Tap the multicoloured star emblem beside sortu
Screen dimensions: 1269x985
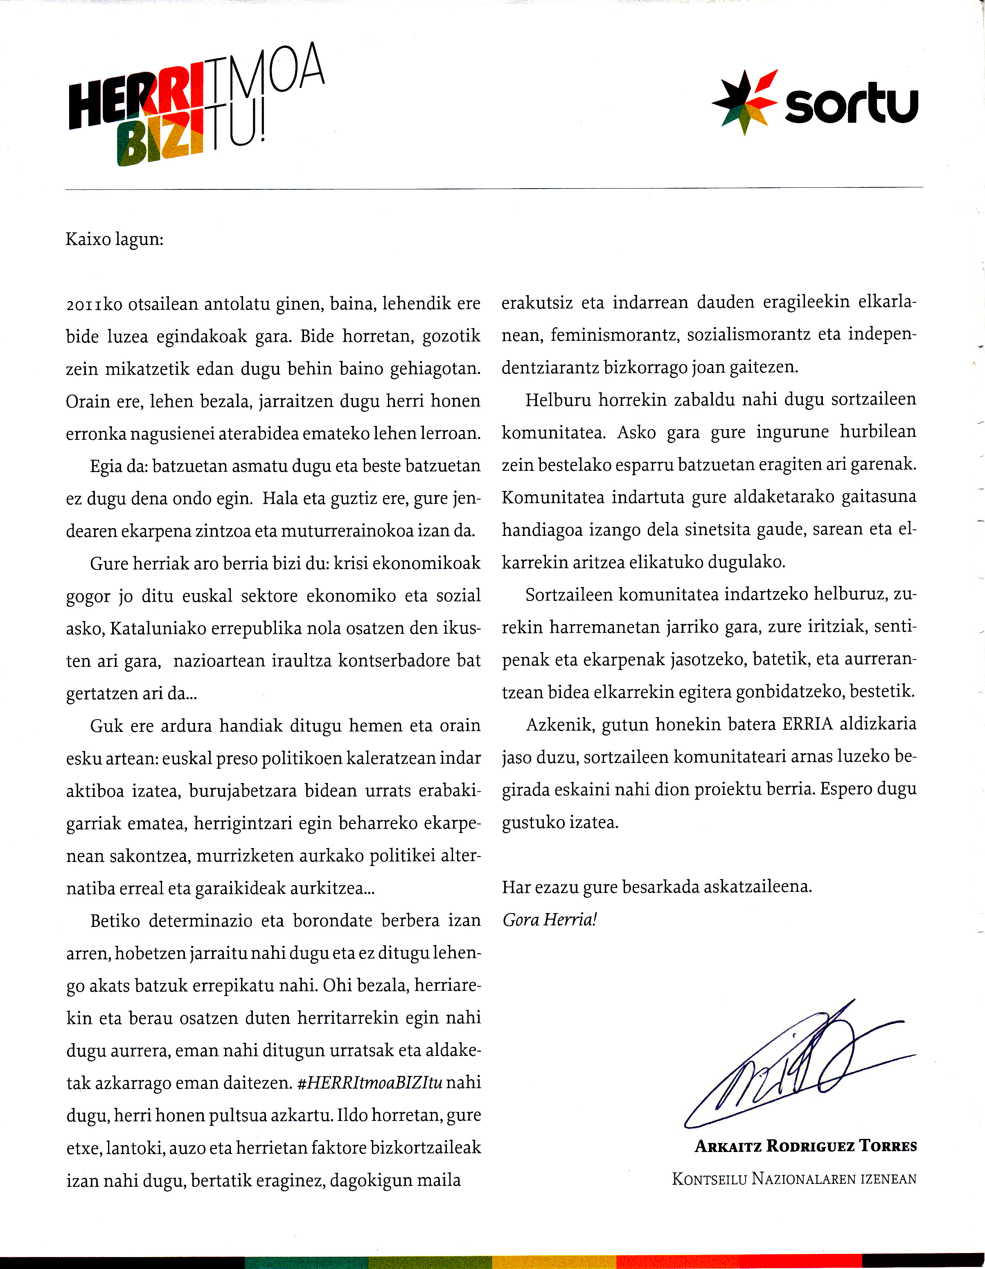click(744, 102)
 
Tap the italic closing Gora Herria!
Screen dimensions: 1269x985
click(549, 920)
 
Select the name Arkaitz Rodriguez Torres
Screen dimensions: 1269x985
click(805, 1146)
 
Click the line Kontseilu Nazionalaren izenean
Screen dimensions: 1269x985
click(794, 1179)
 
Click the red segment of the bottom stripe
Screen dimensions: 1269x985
click(738, 1262)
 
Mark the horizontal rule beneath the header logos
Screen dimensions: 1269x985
click(494, 188)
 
